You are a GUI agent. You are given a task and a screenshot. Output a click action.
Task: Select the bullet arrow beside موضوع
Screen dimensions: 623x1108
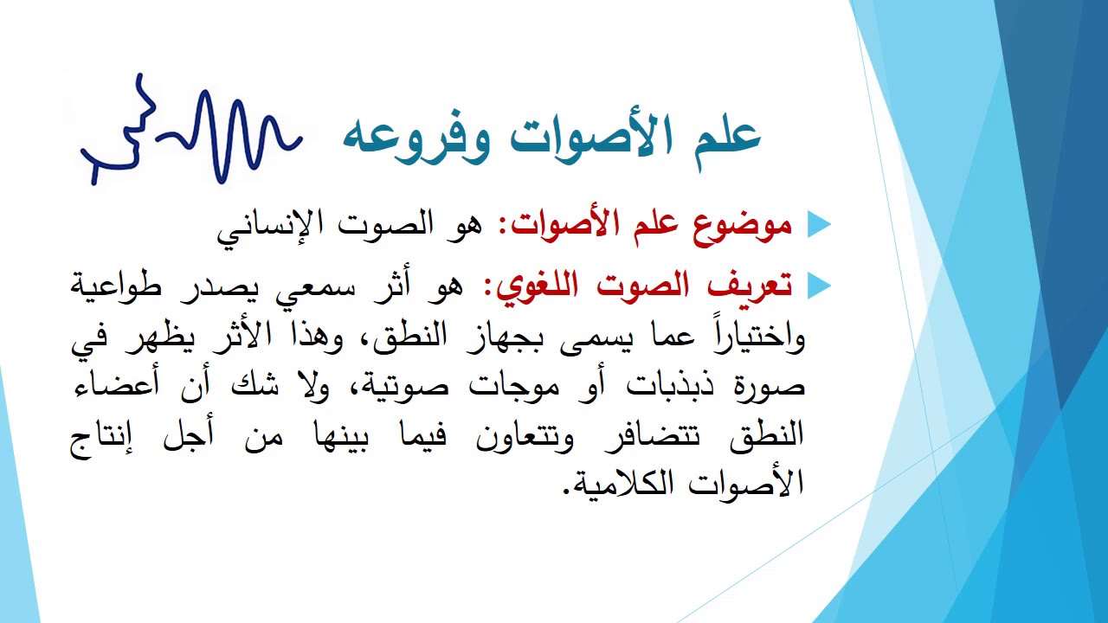coord(818,225)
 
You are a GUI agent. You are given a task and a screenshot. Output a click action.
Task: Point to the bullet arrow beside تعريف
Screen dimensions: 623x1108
coord(818,285)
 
